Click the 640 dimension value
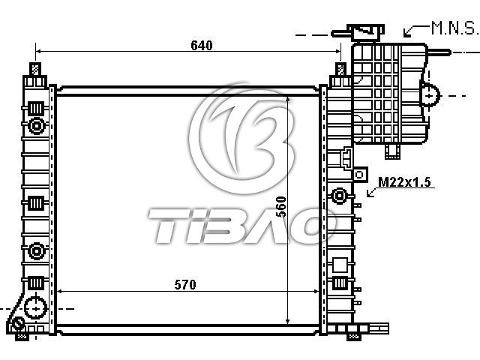[x=202, y=45]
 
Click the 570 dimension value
[x=185, y=285]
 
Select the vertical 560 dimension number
[x=281, y=207]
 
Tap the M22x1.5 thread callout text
[x=404, y=181]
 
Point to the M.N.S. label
[x=454, y=28]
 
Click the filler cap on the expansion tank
[x=367, y=32]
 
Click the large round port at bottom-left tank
[x=35, y=308]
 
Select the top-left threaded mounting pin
[x=35, y=69]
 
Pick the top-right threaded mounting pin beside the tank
[x=340, y=69]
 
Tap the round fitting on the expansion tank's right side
[x=430, y=95]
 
